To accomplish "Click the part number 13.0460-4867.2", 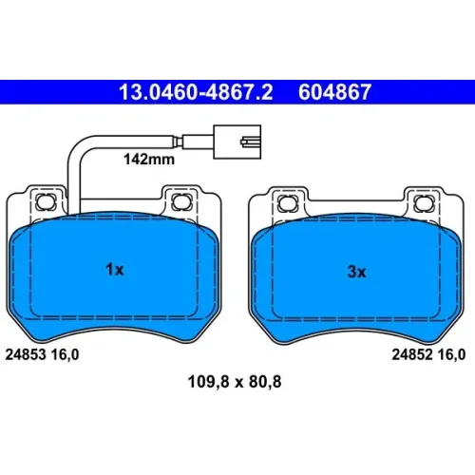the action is pyautogui.click(x=196, y=92).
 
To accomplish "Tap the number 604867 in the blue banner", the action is pyautogui.click(x=334, y=92).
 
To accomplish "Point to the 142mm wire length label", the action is pyautogui.click(x=149, y=160).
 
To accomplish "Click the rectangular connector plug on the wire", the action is pyautogui.click(x=237, y=142).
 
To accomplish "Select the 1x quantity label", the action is pyautogui.click(x=115, y=270).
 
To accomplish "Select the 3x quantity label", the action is pyautogui.click(x=356, y=272).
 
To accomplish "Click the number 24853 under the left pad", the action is pyautogui.click(x=26, y=354).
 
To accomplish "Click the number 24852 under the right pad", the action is pyautogui.click(x=412, y=354).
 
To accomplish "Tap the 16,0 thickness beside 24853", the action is pyautogui.click(x=65, y=355).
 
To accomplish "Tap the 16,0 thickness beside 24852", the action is pyautogui.click(x=451, y=355).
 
